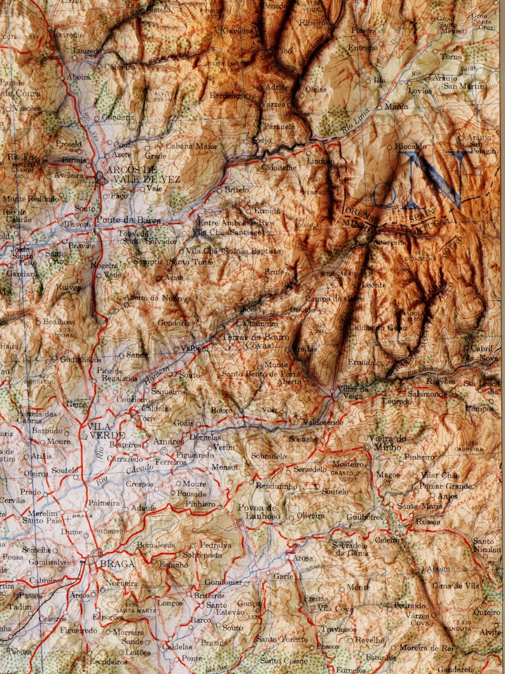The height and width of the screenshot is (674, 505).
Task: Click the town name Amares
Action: [x=169, y=441]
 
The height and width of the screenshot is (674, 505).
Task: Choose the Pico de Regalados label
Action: [x=115, y=375]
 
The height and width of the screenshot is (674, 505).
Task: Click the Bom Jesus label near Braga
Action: [x=155, y=545]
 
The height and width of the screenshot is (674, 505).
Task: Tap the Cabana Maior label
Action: [x=191, y=146]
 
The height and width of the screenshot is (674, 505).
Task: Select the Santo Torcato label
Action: [x=282, y=638]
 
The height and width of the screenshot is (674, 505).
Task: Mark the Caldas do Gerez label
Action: [x=378, y=327]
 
